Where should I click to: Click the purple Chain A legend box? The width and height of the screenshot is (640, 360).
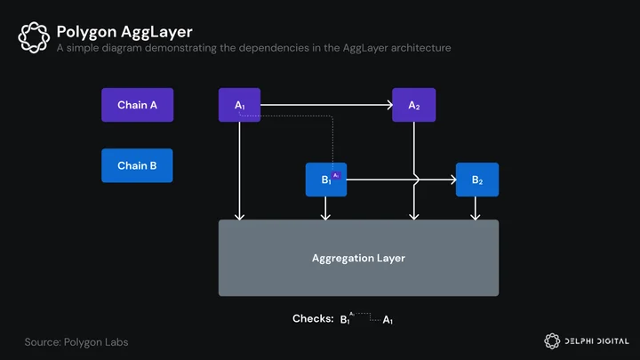[138, 105]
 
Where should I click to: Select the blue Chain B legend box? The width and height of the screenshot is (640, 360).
[137, 165]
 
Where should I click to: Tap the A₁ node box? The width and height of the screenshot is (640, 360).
[240, 105]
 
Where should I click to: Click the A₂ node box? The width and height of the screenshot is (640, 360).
[414, 105]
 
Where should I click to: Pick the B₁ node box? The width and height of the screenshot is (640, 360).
[326, 180]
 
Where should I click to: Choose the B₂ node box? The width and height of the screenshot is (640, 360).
[477, 180]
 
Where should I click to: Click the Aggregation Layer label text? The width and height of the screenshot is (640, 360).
[358, 258]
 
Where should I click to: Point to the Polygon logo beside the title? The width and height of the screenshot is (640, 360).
[34, 37]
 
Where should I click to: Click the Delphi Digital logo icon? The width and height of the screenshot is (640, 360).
[552, 341]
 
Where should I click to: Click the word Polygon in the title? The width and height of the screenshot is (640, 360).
[86, 32]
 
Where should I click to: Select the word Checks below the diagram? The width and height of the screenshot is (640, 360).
[313, 318]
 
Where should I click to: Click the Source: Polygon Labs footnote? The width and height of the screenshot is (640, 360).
[76, 342]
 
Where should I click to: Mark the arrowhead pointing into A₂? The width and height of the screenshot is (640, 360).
[389, 105]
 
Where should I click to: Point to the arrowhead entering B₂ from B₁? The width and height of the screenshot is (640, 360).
[453, 180]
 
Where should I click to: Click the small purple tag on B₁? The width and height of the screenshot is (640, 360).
[336, 175]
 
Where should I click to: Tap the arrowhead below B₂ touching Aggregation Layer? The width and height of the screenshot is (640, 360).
[475, 216]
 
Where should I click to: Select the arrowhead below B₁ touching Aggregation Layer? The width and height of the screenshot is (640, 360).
[325, 216]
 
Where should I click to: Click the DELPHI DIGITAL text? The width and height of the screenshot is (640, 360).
[596, 341]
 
